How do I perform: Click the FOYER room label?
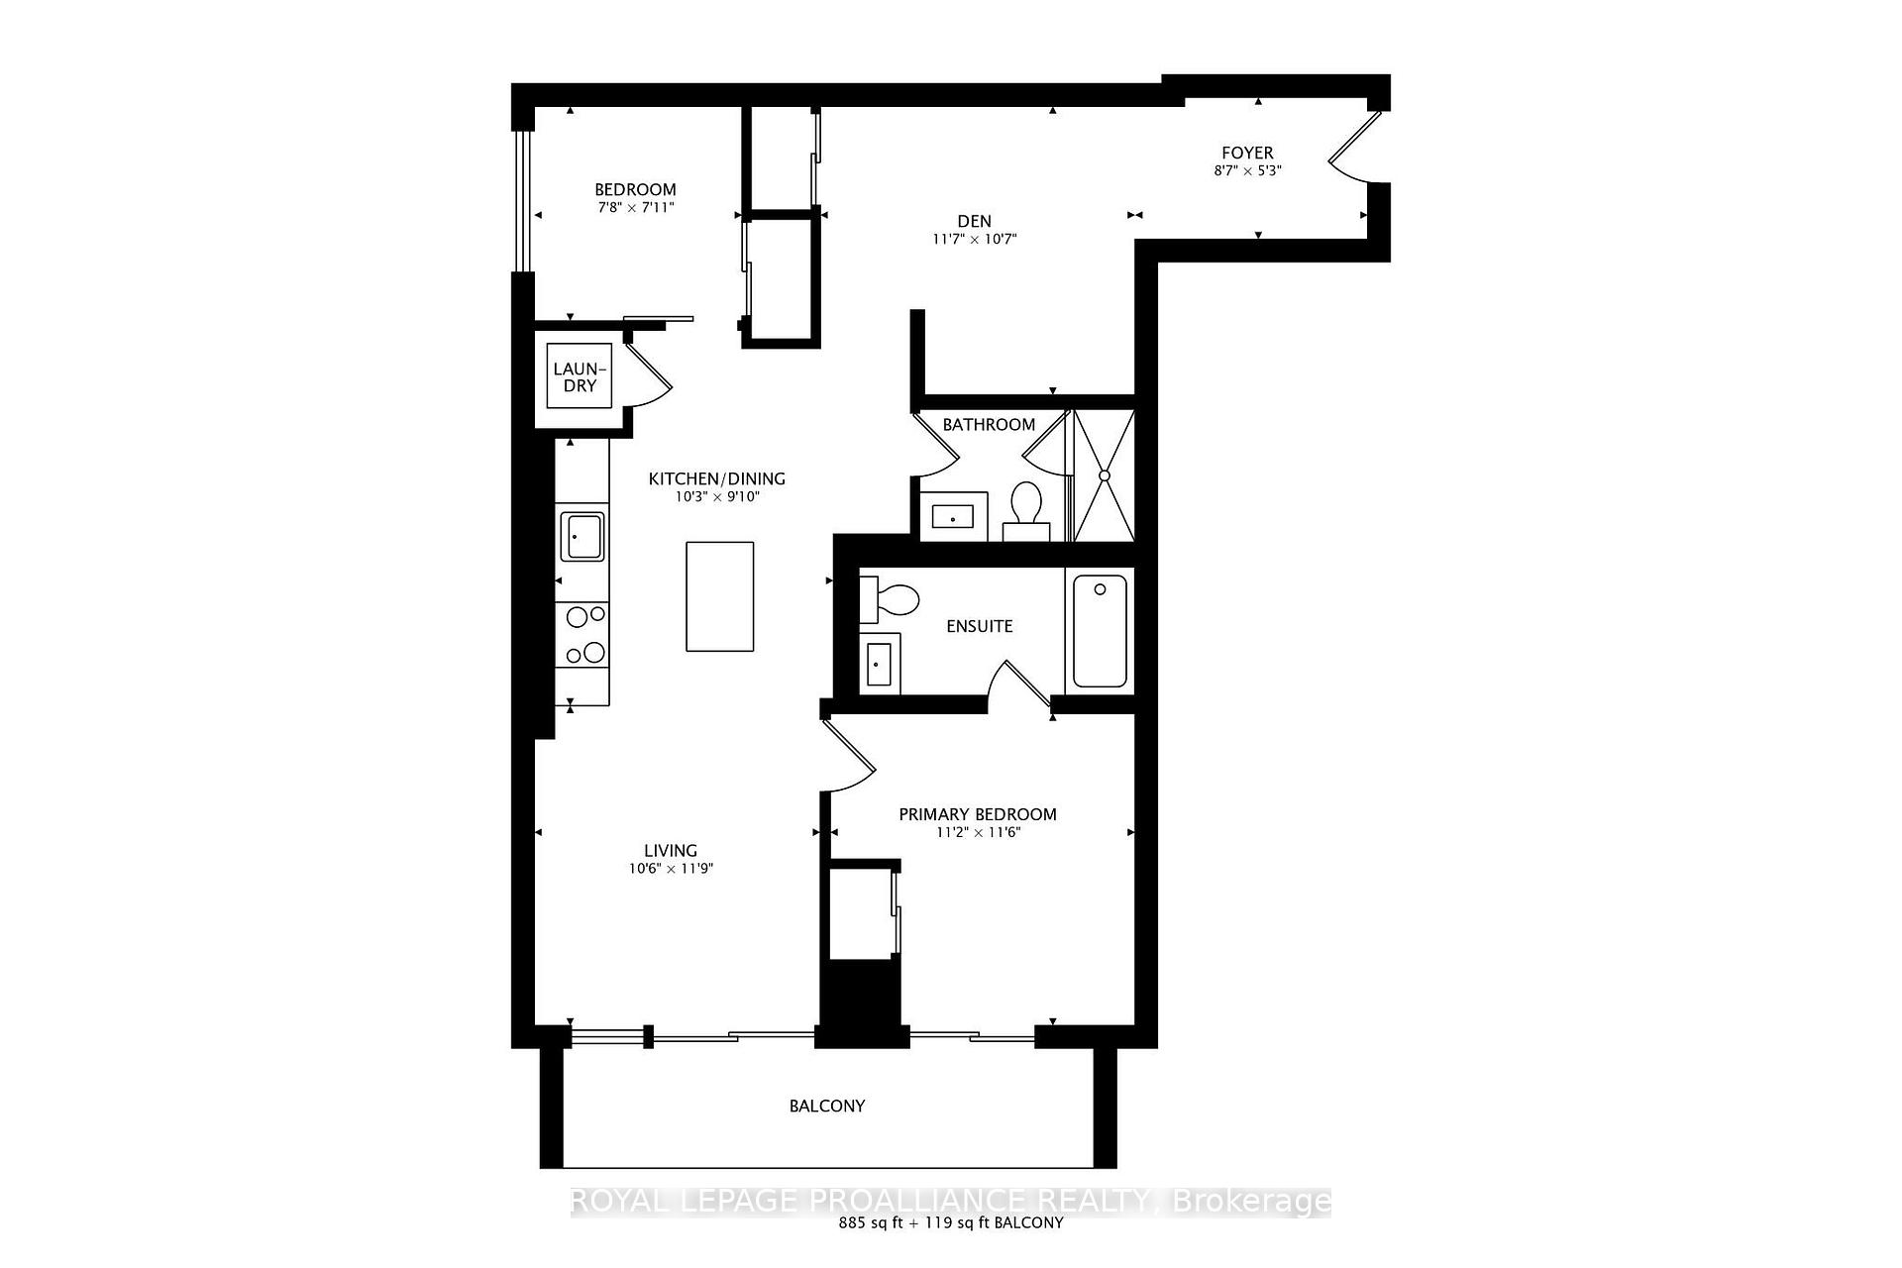tap(1246, 153)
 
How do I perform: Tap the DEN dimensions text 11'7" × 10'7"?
tap(975, 239)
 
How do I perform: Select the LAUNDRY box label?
tap(580, 376)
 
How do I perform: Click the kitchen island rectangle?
tap(720, 595)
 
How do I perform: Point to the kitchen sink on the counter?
tap(582, 536)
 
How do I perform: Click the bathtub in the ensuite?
tap(1100, 631)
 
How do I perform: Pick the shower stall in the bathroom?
tap(1104, 475)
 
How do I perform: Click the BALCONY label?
tap(827, 1106)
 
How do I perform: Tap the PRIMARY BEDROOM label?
tap(977, 814)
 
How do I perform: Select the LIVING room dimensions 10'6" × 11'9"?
tap(671, 869)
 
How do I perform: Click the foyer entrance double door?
tap(1353, 149)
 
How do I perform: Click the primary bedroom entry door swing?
tap(848, 758)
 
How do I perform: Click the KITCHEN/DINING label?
tap(716, 478)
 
